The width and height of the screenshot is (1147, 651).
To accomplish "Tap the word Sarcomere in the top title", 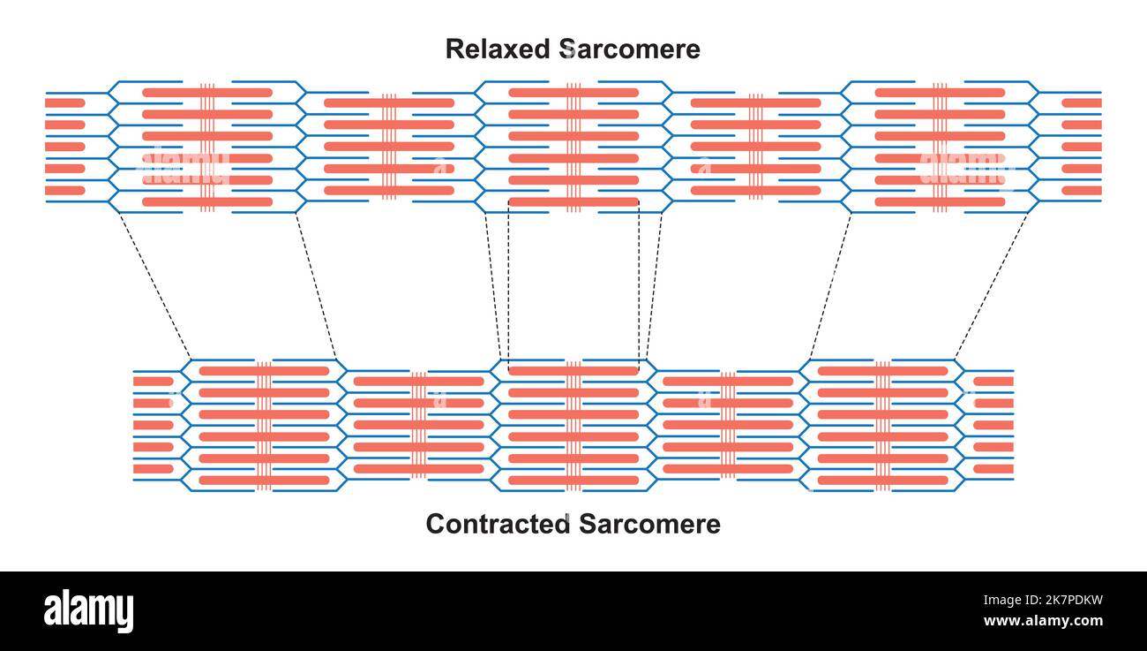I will [631, 49].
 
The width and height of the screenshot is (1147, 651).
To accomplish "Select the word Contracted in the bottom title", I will [498, 524].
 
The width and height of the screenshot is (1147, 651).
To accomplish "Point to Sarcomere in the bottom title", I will [649, 524].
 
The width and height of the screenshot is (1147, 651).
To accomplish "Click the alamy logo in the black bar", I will [88, 611].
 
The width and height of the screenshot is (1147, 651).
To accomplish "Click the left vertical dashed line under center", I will [508, 283].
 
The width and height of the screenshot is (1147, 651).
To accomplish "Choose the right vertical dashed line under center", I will [639, 283].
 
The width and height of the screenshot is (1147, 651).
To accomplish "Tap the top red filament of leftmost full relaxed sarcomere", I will [207, 92].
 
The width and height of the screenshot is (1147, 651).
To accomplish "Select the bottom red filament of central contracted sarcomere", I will [573, 481].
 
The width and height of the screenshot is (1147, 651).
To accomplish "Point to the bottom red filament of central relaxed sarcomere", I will [573, 202].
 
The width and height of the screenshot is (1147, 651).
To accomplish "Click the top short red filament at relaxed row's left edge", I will [64, 103].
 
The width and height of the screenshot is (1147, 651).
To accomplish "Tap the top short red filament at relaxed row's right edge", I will [1081, 103].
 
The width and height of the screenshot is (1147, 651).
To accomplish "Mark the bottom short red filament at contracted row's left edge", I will [153, 469].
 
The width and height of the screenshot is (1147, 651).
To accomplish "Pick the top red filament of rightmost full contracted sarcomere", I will [882, 371].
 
